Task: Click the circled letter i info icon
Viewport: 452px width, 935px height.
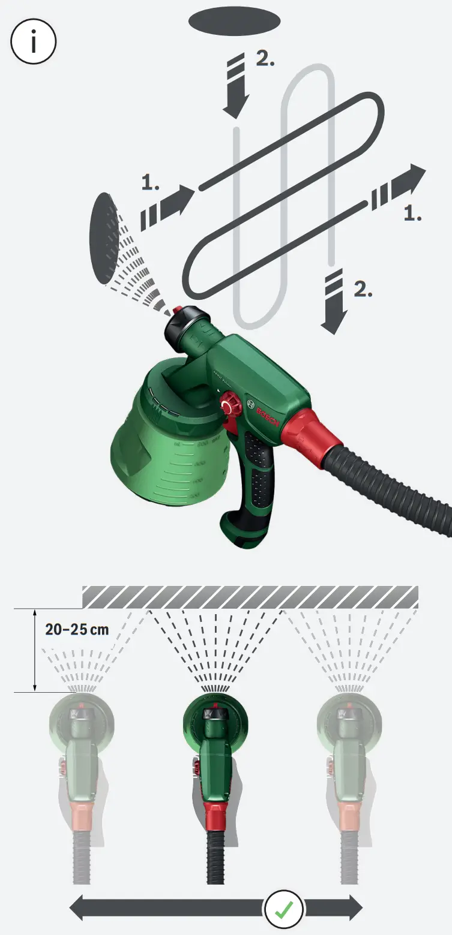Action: point(34,41)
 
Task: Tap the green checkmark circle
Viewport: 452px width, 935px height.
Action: point(283,909)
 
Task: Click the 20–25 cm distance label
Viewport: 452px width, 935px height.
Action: point(77,630)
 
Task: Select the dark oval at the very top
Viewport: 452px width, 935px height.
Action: point(235,21)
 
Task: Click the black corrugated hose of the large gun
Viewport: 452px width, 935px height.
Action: point(390,486)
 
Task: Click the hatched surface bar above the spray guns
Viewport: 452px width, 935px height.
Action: point(250,596)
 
